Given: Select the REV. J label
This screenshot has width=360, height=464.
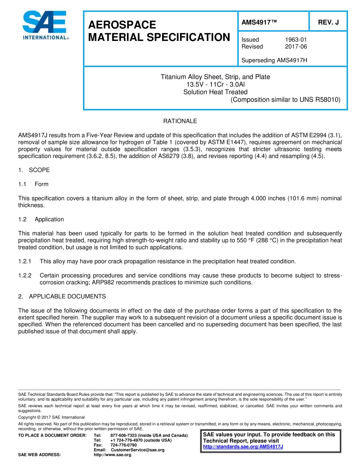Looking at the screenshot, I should (328, 22).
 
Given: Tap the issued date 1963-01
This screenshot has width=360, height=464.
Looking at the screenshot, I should (296, 39).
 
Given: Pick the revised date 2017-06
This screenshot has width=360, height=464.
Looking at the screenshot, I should (296, 47).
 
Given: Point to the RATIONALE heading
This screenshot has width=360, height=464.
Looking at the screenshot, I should (180, 121).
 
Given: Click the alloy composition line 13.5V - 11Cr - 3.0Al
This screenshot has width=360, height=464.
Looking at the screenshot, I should (215, 85).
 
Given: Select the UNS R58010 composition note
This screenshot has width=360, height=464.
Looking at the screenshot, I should (285, 100).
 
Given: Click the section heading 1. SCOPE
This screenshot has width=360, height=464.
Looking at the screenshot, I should (34, 170).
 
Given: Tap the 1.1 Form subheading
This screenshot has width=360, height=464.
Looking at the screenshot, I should (34, 184).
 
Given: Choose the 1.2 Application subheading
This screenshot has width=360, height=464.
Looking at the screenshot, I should (41, 219).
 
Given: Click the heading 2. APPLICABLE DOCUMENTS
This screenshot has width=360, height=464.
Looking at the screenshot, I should (62, 296).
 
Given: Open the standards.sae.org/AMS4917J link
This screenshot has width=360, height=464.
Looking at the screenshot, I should (243, 447).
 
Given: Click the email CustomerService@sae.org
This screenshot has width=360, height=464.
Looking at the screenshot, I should (138, 450).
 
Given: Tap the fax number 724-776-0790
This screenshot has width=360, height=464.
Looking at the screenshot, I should (124, 445).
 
